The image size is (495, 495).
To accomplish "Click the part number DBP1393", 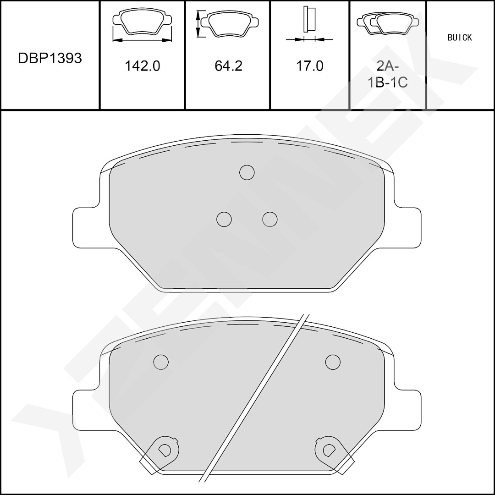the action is (x=50, y=58).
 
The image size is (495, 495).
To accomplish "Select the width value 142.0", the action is (x=143, y=66).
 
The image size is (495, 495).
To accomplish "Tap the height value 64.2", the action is (x=228, y=66).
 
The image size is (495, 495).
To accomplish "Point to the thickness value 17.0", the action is (x=309, y=66).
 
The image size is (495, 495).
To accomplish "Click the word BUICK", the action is (x=460, y=38).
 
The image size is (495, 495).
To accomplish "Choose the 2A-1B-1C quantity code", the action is (x=388, y=75).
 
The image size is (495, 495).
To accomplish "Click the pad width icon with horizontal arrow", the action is (x=142, y=25).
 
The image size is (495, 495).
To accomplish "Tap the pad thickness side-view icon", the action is (x=309, y=24).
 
